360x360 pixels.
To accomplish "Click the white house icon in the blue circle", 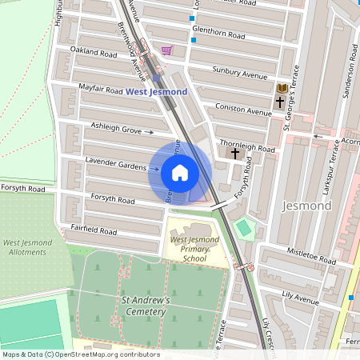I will pos(180,173).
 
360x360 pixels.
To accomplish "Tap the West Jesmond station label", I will pos(156,92).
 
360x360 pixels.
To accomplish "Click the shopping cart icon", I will pos(166,50).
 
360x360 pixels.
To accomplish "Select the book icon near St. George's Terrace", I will pos(281,88).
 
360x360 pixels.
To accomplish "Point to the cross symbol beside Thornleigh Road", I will pos(234,152).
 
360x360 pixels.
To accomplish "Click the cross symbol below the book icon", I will pos(280,102).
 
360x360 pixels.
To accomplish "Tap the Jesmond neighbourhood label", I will pos(306,206).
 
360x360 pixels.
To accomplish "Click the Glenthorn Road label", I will pos(218,35).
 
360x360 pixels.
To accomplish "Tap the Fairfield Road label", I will pos(93,231).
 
